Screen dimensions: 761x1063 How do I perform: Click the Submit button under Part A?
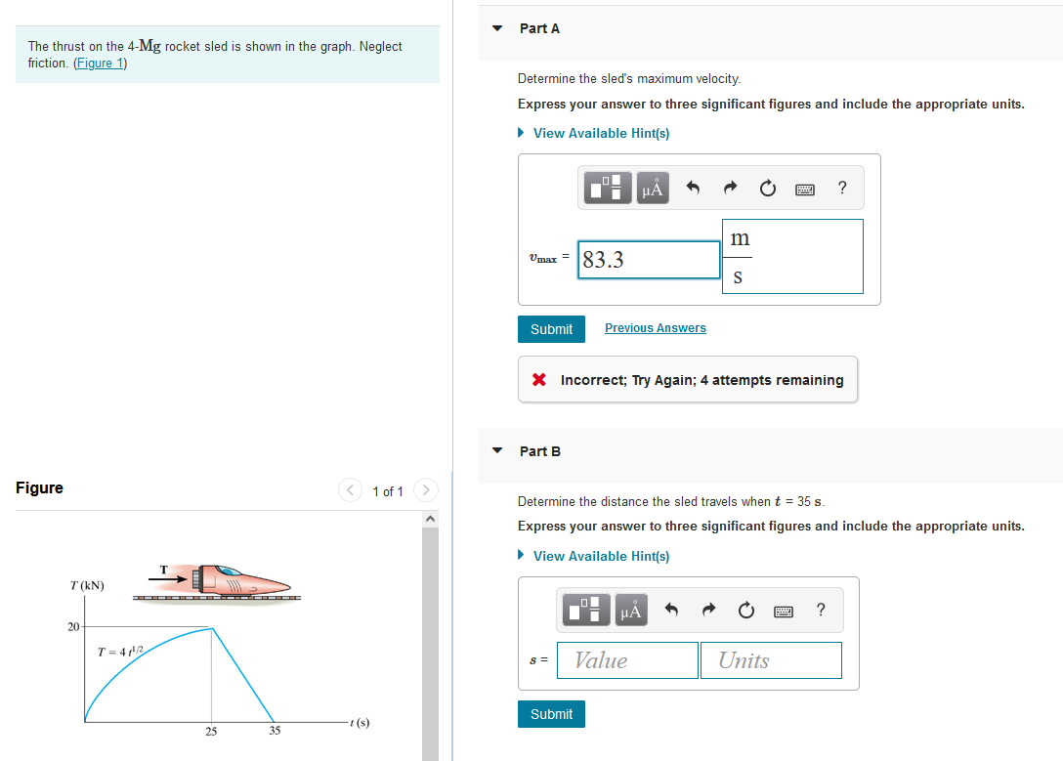tap(551, 329)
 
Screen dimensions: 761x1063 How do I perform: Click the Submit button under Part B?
tap(551, 714)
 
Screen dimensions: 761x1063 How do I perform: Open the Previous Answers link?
tap(655, 328)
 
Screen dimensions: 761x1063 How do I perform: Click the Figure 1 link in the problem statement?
tap(101, 63)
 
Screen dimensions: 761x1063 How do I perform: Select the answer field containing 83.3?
tap(649, 260)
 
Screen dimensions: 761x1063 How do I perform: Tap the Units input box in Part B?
tap(770, 660)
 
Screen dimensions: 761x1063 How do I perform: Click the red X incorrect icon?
tap(539, 380)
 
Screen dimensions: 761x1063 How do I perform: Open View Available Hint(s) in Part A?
tap(600, 133)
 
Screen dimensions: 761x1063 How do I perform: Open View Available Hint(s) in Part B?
tap(600, 556)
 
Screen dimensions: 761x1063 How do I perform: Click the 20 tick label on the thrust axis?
tap(73, 626)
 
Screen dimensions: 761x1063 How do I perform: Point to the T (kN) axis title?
tap(87, 585)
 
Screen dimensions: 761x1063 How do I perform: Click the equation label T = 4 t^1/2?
tap(121, 652)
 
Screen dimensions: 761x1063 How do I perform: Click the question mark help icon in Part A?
tap(842, 189)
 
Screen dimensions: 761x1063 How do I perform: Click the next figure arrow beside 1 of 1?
tap(425, 489)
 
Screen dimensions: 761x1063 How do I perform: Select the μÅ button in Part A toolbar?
tap(652, 189)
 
